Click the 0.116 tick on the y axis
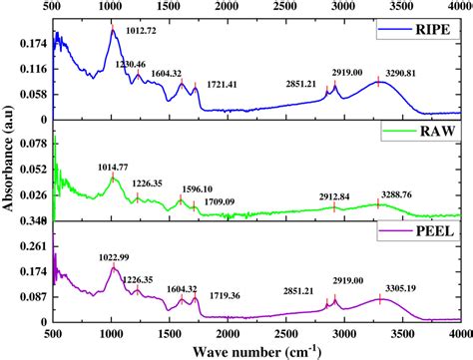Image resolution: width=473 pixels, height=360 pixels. tap(34, 69)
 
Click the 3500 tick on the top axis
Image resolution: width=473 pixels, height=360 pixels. tap(403, 7)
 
